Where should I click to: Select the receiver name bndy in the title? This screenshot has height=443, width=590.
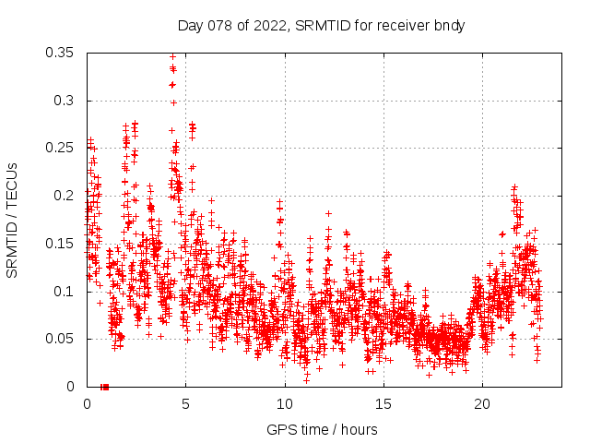449,26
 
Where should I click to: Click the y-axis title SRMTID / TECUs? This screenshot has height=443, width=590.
12,220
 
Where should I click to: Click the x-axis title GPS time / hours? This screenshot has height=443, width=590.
322,429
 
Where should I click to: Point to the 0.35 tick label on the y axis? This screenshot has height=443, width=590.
60,53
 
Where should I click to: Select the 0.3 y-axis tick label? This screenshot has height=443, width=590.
64,101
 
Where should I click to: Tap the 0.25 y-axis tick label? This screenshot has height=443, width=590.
60,148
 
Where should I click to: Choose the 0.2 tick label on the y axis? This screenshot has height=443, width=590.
64,196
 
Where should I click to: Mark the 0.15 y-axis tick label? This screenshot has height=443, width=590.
60,244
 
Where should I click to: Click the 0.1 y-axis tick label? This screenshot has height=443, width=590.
64,292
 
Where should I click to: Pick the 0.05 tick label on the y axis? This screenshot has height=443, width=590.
60,339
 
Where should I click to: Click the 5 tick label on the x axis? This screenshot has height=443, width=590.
185,404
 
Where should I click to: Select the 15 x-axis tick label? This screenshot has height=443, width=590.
383,404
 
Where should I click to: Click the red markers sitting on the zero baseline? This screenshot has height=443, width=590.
104,387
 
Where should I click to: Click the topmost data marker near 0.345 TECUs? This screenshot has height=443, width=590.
172,57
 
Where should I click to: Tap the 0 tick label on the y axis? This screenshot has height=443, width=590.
72,387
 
